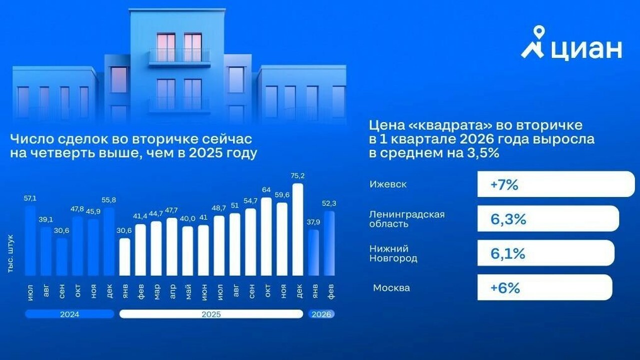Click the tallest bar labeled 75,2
(x=297, y=229)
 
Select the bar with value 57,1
(x=30, y=240)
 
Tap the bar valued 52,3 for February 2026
(x=329, y=243)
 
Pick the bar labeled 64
(x=266, y=236)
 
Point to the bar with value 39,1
(x=46, y=251)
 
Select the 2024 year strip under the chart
(x=69, y=314)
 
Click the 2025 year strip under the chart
(x=211, y=314)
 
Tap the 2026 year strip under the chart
(x=321, y=314)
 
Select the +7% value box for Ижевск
(x=555, y=184)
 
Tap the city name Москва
(x=391, y=288)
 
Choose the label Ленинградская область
(x=407, y=219)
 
